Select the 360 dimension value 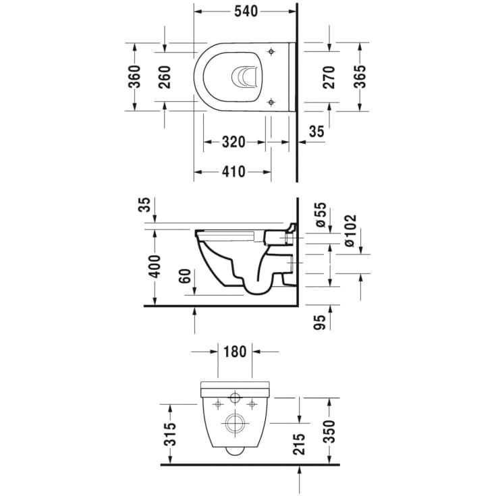click(x=135, y=76)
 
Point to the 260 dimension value click(x=165, y=76)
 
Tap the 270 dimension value click(x=329, y=76)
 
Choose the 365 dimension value click(x=360, y=76)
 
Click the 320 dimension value click(x=233, y=142)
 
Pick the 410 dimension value click(x=233, y=172)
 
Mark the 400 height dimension click(x=155, y=267)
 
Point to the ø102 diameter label click(x=350, y=230)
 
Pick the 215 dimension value click(x=300, y=443)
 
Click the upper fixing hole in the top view click(x=271, y=51)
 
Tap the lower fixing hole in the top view click(x=271, y=102)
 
